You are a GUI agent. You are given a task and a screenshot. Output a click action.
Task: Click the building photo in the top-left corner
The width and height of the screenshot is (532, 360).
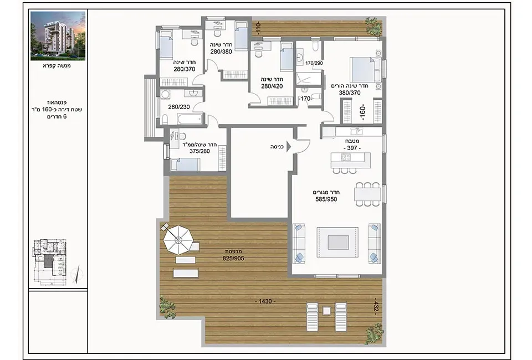point(58,35)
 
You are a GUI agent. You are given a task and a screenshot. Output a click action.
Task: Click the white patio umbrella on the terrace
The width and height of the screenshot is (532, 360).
point(178,240)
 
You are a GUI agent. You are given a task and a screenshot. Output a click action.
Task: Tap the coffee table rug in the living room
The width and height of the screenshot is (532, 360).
point(337,243)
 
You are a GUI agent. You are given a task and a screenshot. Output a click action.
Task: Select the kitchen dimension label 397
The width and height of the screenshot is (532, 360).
point(352,148)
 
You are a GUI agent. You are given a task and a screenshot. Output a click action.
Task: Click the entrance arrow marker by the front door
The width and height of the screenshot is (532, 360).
point(289,147)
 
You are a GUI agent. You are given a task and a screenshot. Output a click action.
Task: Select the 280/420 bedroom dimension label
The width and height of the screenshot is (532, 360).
point(272,86)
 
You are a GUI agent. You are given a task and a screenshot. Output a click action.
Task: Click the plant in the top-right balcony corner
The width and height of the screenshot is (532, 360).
point(374,25)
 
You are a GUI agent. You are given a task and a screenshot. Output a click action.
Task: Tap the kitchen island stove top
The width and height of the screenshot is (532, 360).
point(345,158)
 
